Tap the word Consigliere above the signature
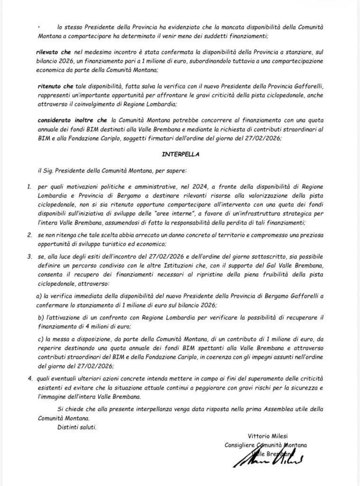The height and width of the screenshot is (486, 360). pos(240,445)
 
